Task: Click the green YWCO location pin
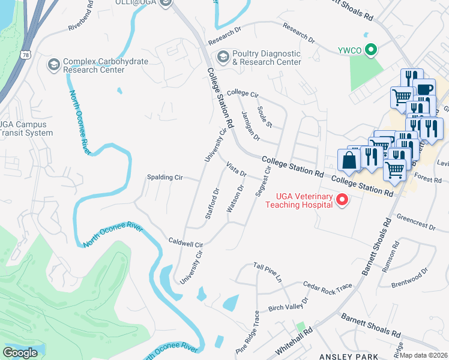(372, 50)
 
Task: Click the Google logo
(20, 353)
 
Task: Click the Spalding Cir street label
(164, 178)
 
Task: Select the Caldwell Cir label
(186, 244)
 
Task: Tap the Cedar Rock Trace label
(327, 287)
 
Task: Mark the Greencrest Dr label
(416, 220)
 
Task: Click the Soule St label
(265, 117)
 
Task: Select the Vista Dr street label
(237, 169)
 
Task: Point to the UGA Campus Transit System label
(26, 128)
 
